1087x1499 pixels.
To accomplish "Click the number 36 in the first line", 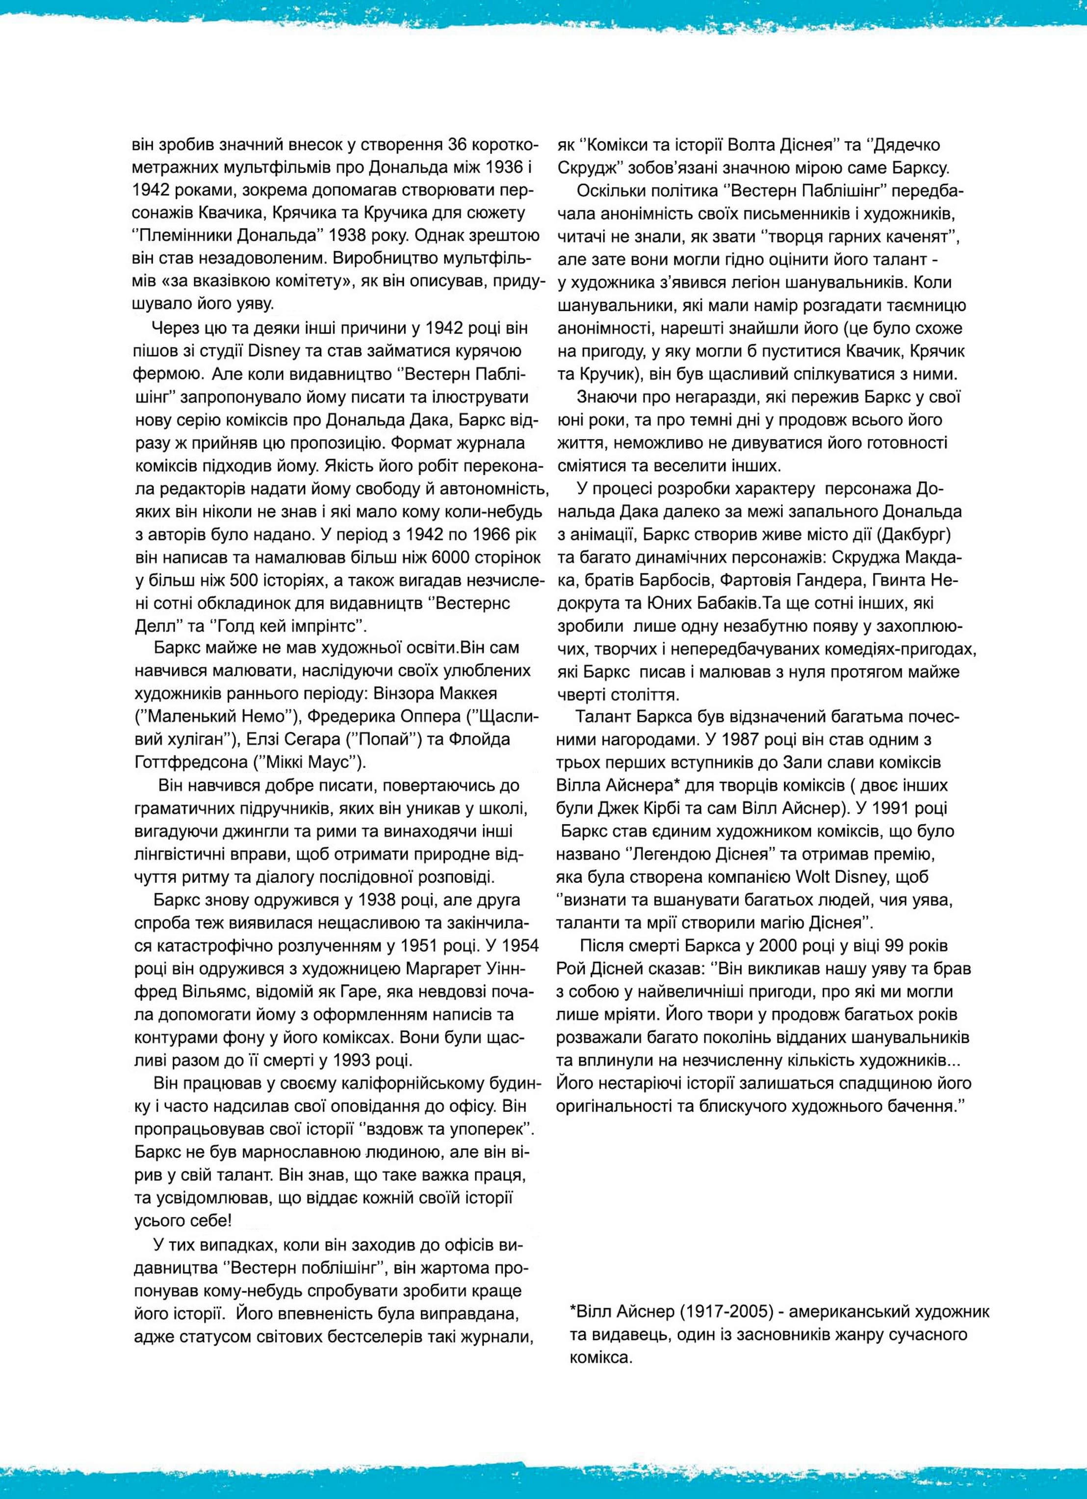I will [x=459, y=145].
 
